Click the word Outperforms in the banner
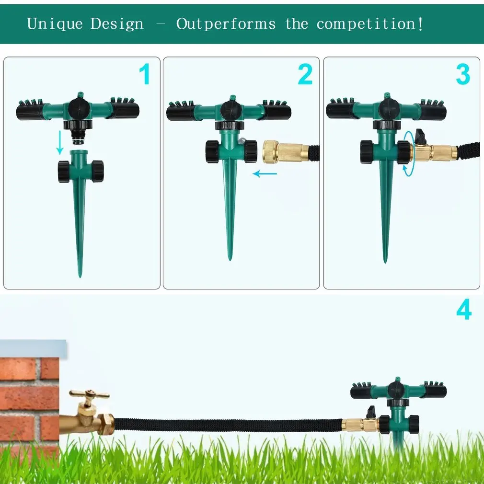tap(226, 23)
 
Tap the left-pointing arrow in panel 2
tap(265, 173)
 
